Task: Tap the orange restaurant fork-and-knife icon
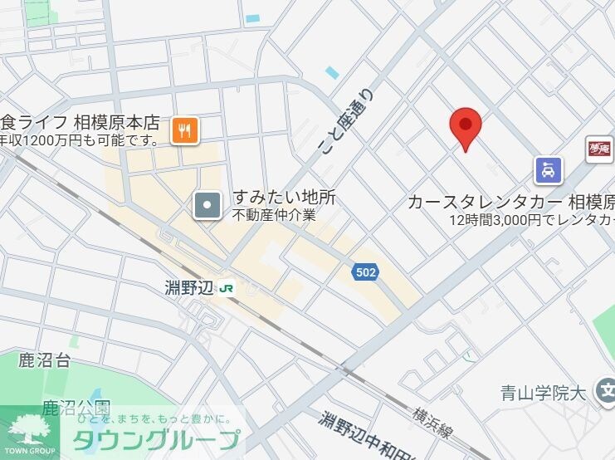point(185,130)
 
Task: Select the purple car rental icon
point(548,171)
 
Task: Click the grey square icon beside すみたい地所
point(207,205)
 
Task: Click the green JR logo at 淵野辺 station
point(227,288)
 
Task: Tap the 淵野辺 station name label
point(190,288)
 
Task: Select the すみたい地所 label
point(284,198)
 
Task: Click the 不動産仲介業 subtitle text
point(274,215)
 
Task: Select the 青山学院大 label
point(544,393)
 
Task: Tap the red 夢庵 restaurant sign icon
point(598,149)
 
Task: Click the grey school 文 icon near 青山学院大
point(607,392)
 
